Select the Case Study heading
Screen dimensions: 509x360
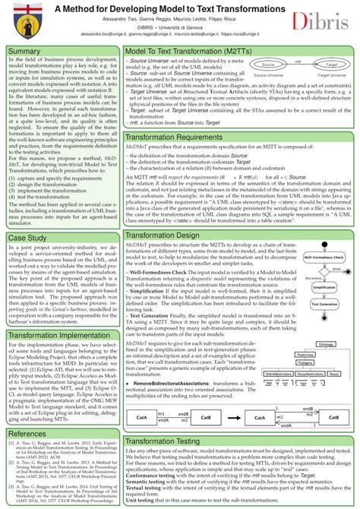[28, 217]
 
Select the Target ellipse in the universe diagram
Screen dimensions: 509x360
[325, 66]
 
